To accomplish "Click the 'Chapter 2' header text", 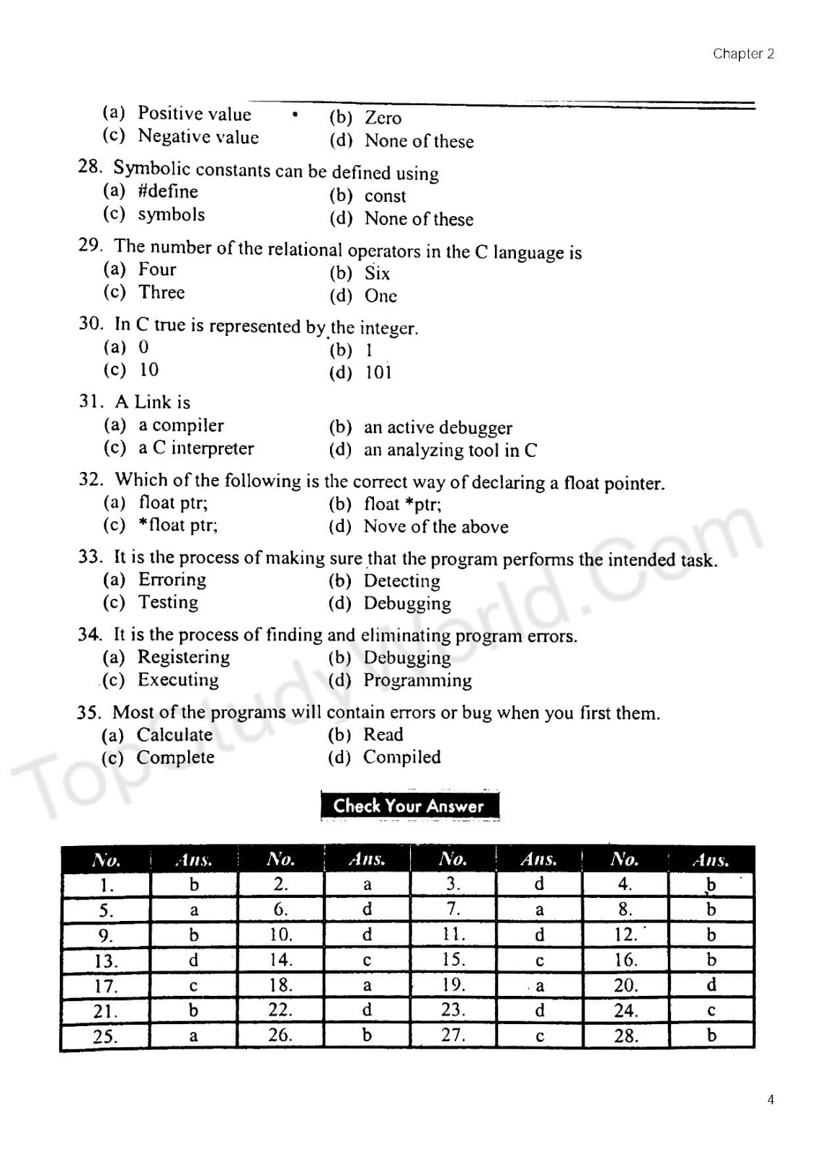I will coord(743,53).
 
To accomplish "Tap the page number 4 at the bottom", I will coord(770,1100).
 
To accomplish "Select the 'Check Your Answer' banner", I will coord(409,806).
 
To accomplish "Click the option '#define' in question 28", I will coord(168,191).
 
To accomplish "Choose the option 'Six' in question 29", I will coord(377,273).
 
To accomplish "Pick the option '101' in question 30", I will coord(378,373).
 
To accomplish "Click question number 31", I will coord(91,401).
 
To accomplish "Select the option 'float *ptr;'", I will coord(402,504).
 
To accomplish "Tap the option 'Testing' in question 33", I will coord(168,602).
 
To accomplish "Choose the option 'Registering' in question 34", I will coord(183,656).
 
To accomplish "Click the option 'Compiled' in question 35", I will coord(401,757).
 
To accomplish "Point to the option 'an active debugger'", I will coord(437,427).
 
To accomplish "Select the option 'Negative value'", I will coord(198,136).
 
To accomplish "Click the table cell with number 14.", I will coord(280,960).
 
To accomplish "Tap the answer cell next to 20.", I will coord(711,985).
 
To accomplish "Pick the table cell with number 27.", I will coord(453,1036).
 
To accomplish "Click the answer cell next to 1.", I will coord(194,884).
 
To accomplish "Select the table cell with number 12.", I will coord(625,935).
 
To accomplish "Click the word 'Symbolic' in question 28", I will coord(151,169).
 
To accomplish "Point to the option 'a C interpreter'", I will coord(196,448).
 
